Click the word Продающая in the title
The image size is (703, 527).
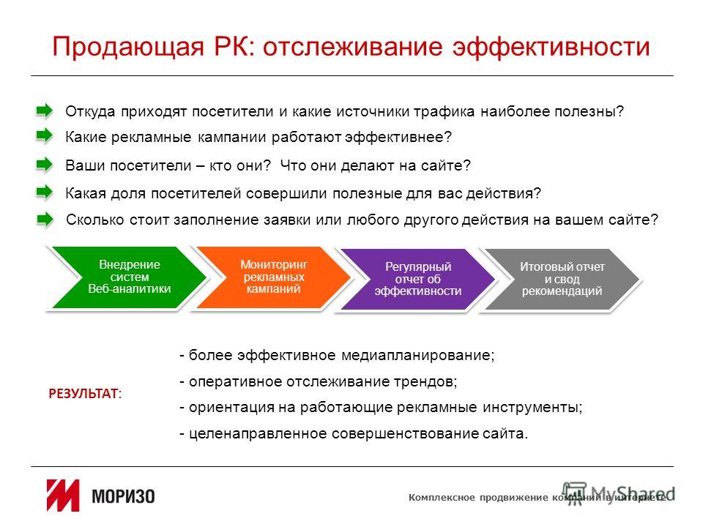tap(127, 48)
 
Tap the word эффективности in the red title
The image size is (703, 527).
tap(551, 48)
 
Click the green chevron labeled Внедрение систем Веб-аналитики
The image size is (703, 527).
tap(127, 277)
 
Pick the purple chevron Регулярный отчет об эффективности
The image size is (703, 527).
tap(416, 279)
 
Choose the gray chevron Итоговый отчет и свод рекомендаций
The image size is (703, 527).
tap(561, 279)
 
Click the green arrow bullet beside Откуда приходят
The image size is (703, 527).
tap(45, 111)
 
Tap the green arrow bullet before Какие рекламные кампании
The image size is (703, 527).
tap(45, 135)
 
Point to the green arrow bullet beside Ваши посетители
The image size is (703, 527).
tap(45, 165)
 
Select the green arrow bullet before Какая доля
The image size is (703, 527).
tap(45, 193)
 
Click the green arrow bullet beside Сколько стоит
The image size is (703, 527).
tap(45, 220)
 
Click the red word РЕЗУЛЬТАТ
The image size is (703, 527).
tap(83, 394)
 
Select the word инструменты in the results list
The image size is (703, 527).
tap(532, 408)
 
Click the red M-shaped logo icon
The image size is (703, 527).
tap(63, 496)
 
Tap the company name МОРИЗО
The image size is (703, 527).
tap(123, 496)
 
